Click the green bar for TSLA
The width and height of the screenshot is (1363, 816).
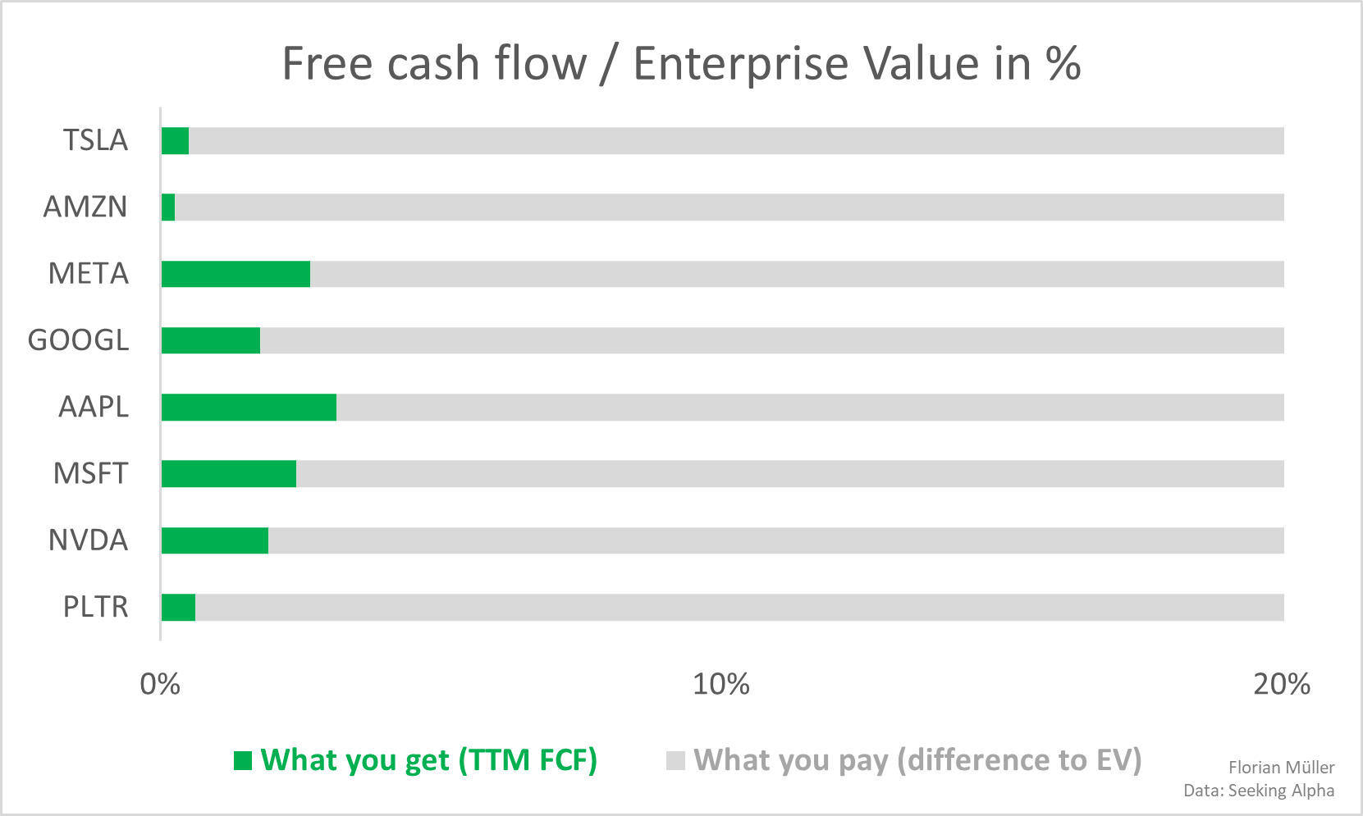pyautogui.click(x=176, y=140)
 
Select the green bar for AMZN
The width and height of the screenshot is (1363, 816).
pyautogui.click(x=168, y=207)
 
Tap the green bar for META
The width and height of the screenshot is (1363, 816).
pyautogui.click(x=236, y=274)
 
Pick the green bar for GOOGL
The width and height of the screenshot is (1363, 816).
pyautogui.click(x=211, y=340)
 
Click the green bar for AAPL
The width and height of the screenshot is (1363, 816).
pyautogui.click(x=249, y=407)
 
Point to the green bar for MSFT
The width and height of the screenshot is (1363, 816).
pyautogui.click(x=229, y=474)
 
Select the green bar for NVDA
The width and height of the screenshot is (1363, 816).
pyautogui.click(x=215, y=540)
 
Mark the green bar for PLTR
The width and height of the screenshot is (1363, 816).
pyautogui.click(x=178, y=607)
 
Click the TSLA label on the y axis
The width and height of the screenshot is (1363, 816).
pyautogui.click(x=95, y=140)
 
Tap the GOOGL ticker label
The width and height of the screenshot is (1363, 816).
pyautogui.click(x=79, y=340)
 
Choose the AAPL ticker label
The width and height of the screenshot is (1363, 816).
pyautogui.click(x=94, y=407)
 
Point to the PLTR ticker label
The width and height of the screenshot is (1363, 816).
pyautogui.click(x=95, y=607)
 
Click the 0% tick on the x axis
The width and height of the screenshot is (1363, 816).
pyautogui.click(x=160, y=685)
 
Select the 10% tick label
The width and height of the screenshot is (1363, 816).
pyautogui.click(x=721, y=685)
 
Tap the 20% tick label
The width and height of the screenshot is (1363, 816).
pyautogui.click(x=1282, y=685)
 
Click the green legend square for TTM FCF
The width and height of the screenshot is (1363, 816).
pyautogui.click(x=243, y=761)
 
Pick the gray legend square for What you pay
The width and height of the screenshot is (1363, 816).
pyautogui.click(x=675, y=761)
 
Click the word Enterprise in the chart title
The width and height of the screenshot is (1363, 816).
pyautogui.click(x=741, y=65)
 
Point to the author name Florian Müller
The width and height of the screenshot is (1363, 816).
pyautogui.click(x=1282, y=768)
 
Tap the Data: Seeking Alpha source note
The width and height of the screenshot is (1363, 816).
pyautogui.click(x=1259, y=791)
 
